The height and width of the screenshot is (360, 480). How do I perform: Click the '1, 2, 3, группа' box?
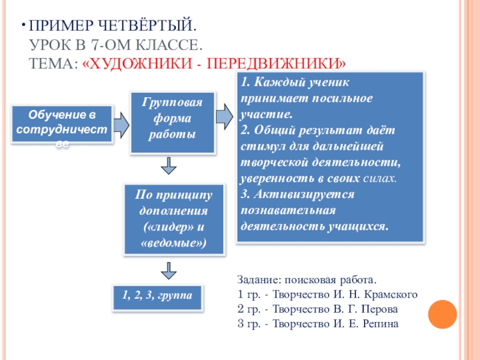tap(158, 296)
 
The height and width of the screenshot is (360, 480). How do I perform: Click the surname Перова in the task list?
tap(383, 309)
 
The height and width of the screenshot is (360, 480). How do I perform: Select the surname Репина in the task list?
tap(380, 324)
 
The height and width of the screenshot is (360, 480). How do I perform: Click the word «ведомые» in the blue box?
tap(174, 244)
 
